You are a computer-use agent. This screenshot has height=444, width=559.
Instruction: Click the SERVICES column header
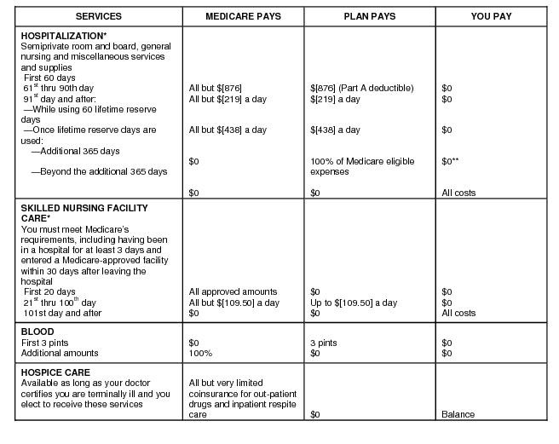point(98,16)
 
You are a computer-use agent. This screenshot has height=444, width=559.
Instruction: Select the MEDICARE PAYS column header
point(243,16)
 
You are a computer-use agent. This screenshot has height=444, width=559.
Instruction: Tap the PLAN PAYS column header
point(370,16)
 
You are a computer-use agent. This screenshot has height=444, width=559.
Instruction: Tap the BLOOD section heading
point(37,332)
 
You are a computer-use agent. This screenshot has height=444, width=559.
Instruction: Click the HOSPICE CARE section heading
point(55,372)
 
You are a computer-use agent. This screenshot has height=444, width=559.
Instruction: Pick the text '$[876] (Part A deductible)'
point(361,88)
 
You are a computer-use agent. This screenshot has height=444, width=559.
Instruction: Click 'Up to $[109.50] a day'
point(354,303)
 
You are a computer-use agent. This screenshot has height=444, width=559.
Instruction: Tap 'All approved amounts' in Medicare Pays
point(233,291)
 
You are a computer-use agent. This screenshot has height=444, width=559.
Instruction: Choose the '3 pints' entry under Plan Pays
point(324,343)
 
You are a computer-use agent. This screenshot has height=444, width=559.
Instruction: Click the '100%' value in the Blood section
point(200,353)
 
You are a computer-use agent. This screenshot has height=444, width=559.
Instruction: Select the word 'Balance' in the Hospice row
point(458,415)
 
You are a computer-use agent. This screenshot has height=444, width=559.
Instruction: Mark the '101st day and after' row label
point(63,313)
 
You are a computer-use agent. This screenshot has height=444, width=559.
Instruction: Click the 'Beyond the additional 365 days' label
point(99,171)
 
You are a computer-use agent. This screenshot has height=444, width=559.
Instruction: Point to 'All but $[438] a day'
point(228,130)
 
